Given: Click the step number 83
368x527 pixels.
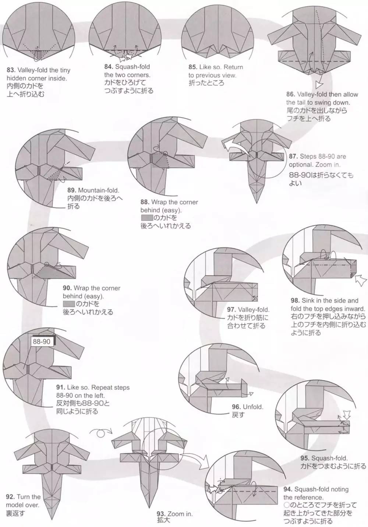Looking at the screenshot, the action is pyautogui.click(x=10, y=70).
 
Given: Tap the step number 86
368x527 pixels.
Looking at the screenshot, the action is pyautogui.click(x=290, y=94).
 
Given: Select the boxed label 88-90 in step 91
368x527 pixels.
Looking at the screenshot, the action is pyautogui.click(x=41, y=342).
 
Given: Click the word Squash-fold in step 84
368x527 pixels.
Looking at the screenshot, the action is pyautogui.click(x=132, y=67).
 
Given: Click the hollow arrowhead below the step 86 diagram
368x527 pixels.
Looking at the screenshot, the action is pyautogui.click(x=319, y=85).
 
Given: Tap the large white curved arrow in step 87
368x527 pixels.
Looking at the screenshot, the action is pyautogui.click(x=235, y=145).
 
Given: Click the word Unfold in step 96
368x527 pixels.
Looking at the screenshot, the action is pyautogui.click(x=253, y=407).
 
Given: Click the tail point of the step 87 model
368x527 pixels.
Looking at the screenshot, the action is pyautogui.click(x=257, y=203).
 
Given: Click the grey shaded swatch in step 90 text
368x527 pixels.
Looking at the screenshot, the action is pyautogui.click(x=69, y=304).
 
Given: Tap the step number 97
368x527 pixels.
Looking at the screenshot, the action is pyautogui.click(x=231, y=310).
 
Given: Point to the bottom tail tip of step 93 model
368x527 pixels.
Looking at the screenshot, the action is pyautogui.click(x=149, y=506).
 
